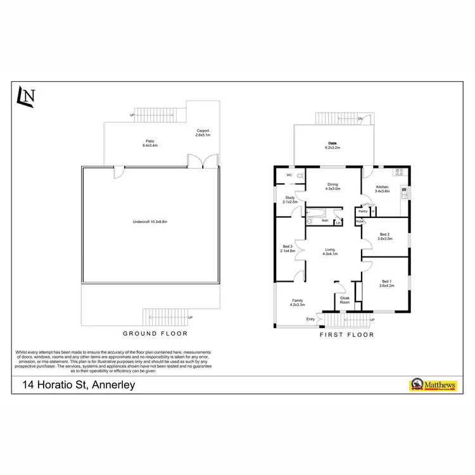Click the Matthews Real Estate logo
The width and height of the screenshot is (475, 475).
pos(433,384)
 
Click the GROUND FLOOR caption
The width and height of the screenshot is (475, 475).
pos(155,333)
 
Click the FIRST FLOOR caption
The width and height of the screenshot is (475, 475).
pos(347,334)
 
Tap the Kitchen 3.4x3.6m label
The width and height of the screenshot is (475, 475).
pos(383,189)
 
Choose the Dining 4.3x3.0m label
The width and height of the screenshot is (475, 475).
pos(332,187)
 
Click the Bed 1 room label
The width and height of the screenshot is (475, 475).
pos(386,284)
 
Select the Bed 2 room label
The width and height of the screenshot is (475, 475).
pos(385,237)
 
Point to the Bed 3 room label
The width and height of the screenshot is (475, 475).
pos(288,248)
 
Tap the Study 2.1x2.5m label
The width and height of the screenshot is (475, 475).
pos(290,199)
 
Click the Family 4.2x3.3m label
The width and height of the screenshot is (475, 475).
pos(298,302)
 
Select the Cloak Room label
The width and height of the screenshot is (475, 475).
pos(345,300)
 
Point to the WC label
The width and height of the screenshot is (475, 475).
pos(288,175)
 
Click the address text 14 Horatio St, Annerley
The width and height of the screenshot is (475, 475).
pos(79,384)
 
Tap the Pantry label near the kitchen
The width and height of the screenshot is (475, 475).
pos(364,211)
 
